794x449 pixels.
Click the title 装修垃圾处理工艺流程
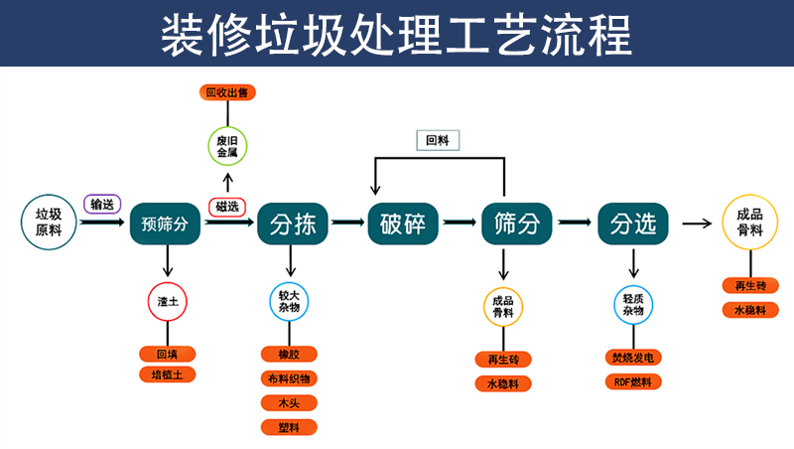[397, 34]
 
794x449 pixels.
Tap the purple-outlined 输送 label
[102, 204]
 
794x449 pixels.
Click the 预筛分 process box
[165, 224]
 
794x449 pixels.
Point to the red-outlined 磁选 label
[226, 206]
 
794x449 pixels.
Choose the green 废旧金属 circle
[227, 147]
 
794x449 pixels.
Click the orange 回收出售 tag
[227, 92]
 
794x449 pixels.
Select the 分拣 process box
[292, 224]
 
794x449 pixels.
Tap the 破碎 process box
[403, 224]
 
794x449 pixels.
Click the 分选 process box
[633, 224]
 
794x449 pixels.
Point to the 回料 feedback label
[438, 141]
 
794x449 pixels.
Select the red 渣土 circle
[167, 301]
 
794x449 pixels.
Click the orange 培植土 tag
[167, 374]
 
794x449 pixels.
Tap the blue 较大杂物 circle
[289, 302]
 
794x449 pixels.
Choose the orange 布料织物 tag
[289, 378]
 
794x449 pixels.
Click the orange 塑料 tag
[289, 427]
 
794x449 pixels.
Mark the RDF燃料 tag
[633, 381]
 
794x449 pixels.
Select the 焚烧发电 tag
[633, 357]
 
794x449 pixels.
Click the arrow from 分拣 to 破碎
[347, 224]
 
